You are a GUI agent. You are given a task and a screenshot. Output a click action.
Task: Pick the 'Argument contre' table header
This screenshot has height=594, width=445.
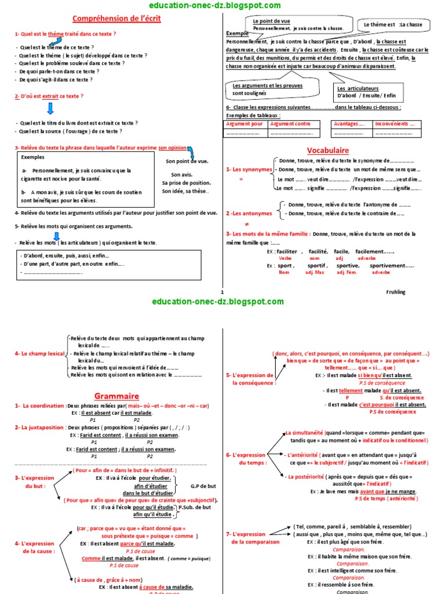point(290,124)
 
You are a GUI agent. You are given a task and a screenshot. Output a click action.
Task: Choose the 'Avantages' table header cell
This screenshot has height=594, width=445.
point(349,124)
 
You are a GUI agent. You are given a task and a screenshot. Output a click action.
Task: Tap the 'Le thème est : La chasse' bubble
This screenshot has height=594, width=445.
point(393,24)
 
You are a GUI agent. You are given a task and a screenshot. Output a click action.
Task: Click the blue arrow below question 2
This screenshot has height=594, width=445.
point(50,108)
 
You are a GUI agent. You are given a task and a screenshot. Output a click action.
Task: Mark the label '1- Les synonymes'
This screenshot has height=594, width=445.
point(249,169)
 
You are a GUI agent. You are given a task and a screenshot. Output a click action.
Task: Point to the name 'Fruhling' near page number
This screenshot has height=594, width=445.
point(396,292)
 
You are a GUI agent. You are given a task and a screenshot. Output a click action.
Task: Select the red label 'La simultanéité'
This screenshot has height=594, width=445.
point(304,433)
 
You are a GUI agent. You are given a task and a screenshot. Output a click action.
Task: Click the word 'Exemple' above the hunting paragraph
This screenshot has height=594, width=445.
point(236,34)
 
